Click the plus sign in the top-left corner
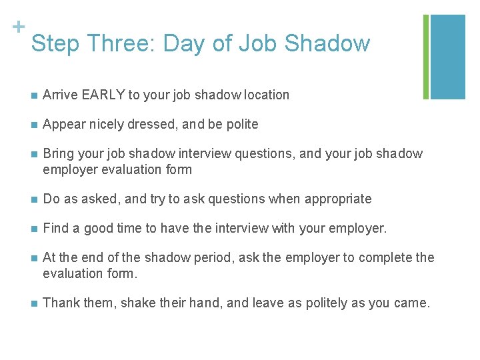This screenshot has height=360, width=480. point(18,27)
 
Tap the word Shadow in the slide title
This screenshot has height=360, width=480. point(327,44)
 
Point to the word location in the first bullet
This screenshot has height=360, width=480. point(266,95)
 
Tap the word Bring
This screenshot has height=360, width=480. point(57,154)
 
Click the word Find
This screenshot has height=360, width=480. point(55,229)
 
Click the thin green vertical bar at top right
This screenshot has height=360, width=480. point(426,57)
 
